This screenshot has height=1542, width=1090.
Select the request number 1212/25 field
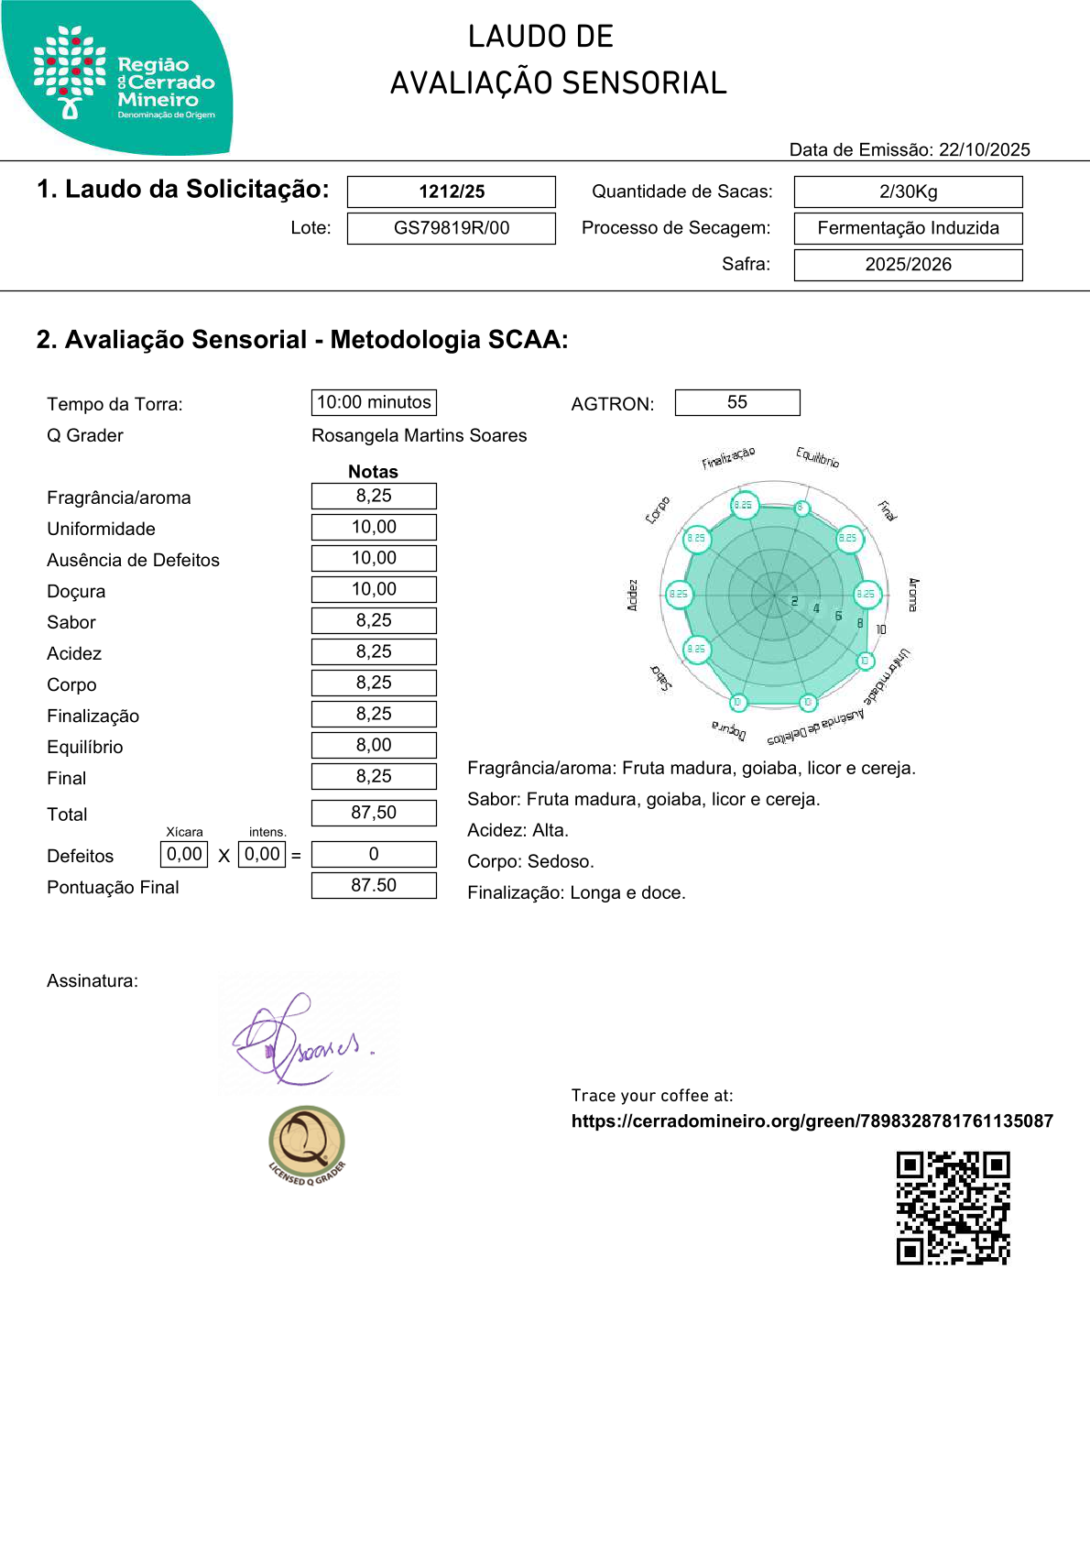coord(452,191)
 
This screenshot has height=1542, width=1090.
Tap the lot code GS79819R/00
coord(452,228)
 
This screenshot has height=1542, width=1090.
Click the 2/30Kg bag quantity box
coord(908,191)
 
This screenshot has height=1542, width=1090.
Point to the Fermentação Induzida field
coord(908,228)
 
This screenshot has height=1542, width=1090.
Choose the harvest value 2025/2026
coord(908,265)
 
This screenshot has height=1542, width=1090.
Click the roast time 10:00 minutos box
coord(374,402)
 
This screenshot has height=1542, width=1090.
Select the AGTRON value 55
coord(737,402)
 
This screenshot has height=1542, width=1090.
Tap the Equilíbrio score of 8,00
coord(374,745)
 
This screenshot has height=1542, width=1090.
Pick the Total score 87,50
coord(374,813)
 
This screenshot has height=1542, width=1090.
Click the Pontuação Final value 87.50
coord(374,885)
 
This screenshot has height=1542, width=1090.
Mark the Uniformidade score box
coord(374,527)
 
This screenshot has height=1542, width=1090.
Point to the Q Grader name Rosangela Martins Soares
coord(419,435)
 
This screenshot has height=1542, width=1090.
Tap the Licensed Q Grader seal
coord(307,1144)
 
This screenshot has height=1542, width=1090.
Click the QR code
coord(953,1208)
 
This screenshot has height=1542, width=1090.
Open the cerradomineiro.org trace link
coord(812,1121)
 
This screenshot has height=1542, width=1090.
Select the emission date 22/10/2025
coord(984,150)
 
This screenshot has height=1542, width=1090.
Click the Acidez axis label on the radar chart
coord(632,595)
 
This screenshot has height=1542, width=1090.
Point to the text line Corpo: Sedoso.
coord(530,861)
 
